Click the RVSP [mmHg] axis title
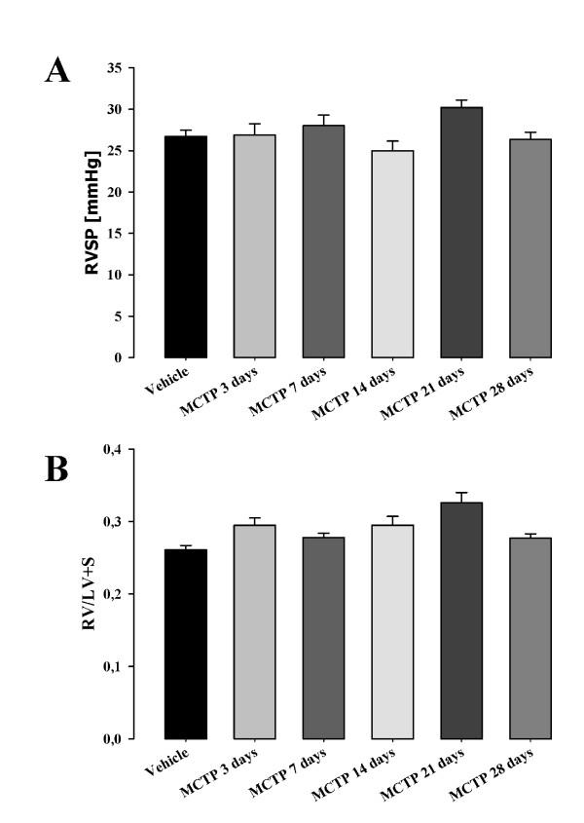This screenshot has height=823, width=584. [93, 213]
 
